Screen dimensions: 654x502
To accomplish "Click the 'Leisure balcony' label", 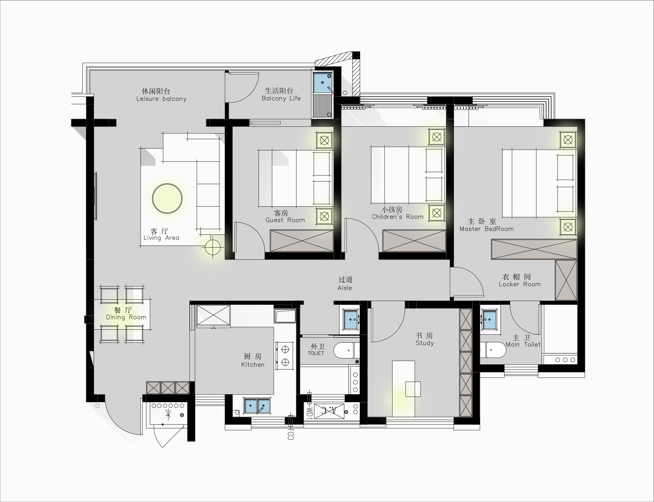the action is tap(161, 99).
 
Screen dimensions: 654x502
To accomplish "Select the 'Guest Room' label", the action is tap(285, 220).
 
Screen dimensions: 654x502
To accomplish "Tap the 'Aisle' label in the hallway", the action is tap(345, 288).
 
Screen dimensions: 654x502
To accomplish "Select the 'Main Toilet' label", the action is tap(523, 345).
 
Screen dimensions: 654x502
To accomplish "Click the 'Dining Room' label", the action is tap(126, 317).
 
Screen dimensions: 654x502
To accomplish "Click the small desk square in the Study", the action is tap(413, 389).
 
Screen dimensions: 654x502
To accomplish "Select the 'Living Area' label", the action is tap(161, 238).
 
